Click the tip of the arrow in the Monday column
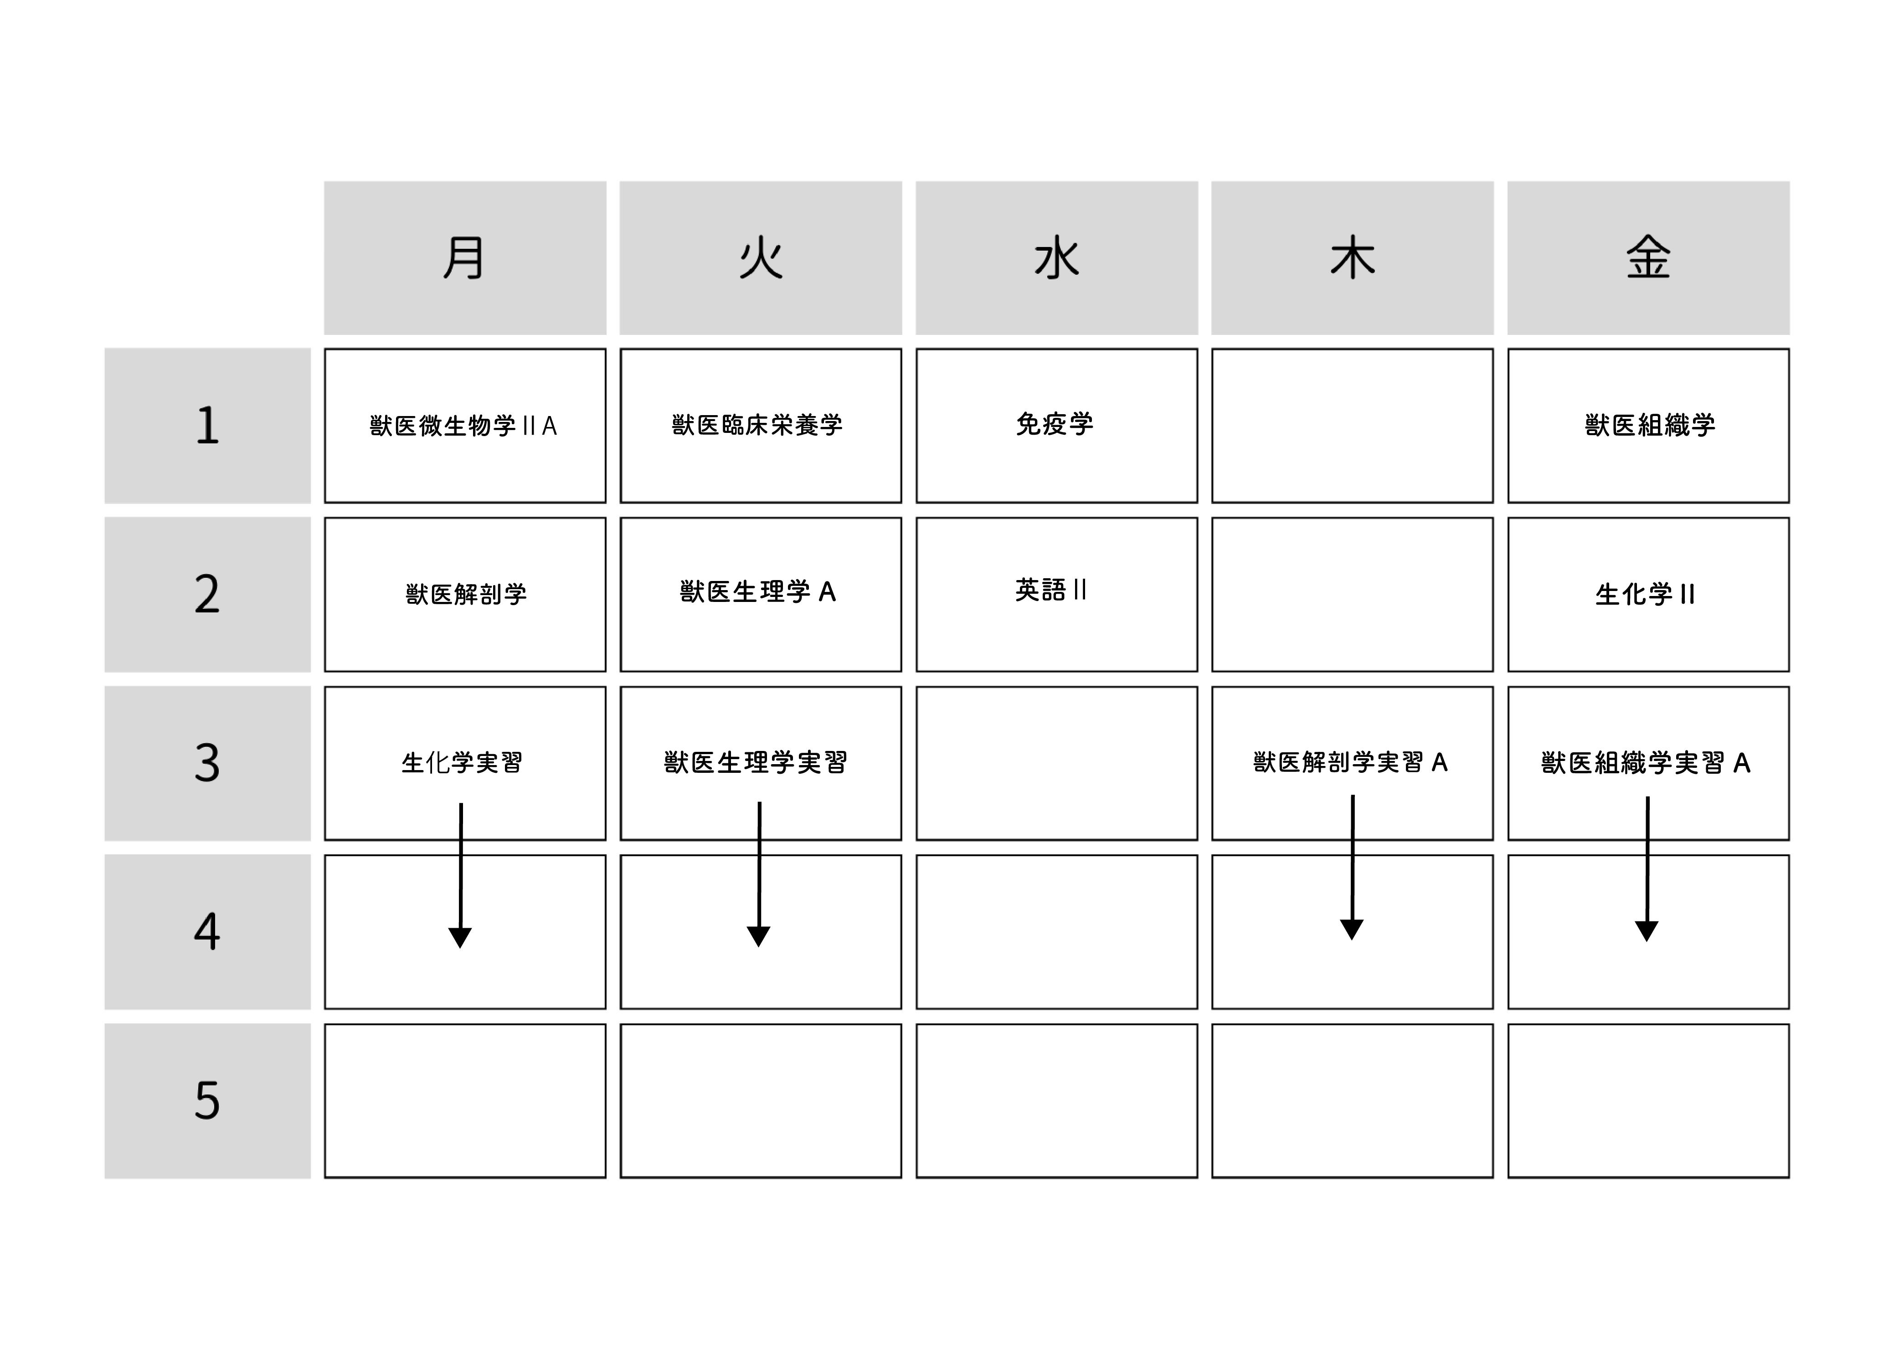pos(460,948)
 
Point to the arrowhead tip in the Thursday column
pos(1351,939)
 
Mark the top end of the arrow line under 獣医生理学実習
pos(759,803)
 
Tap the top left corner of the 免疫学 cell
pos(917,349)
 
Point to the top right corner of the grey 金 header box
pos(1789,182)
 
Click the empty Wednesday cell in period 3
pos(1057,763)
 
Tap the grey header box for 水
pos(1057,258)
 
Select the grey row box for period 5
pos(208,1101)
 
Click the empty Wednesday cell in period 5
pos(1057,1101)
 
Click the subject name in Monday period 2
pos(466,594)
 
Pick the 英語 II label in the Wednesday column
pos(1051,590)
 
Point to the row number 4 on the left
pos(207,931)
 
